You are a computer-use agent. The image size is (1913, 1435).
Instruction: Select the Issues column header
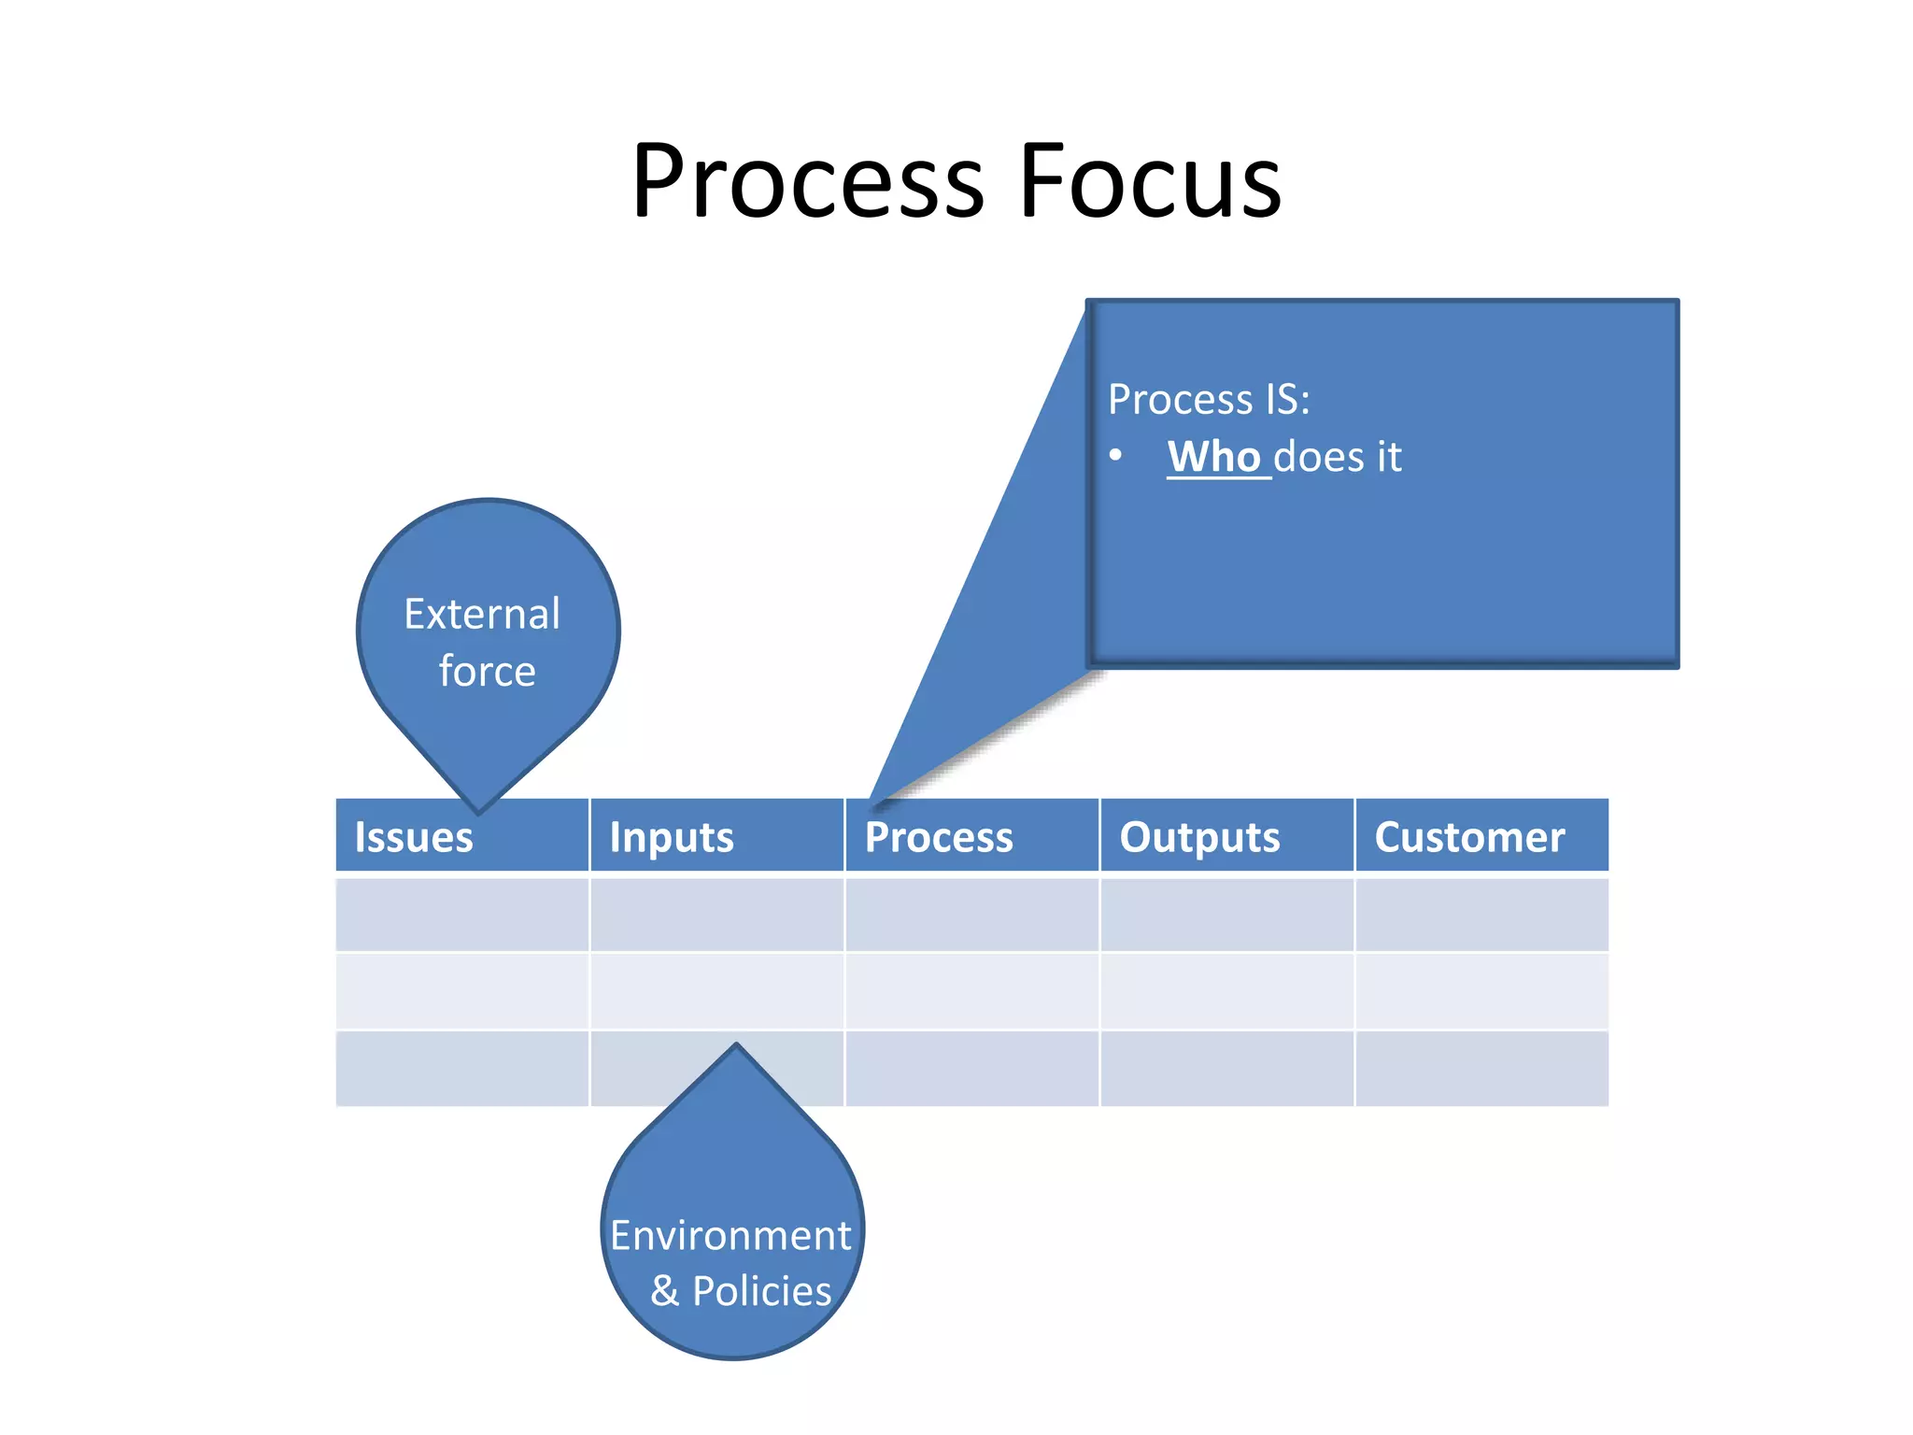pos(414,837)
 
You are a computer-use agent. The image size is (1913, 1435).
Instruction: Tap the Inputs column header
pos(672,837)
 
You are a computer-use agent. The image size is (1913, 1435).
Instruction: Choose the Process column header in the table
pos(939,837)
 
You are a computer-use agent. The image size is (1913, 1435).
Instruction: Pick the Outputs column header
pos(1199,837)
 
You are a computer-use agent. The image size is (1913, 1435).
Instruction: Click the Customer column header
pos(1469,837)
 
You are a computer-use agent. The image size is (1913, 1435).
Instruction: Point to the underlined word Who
pos(1214,457)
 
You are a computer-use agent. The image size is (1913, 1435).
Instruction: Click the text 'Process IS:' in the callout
pos(1209,400)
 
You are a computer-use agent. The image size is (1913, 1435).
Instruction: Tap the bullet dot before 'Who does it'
pos(1115,456)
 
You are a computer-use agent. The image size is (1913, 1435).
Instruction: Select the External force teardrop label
pos(484,642)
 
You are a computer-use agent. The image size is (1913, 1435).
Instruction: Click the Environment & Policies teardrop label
pos(731,1262)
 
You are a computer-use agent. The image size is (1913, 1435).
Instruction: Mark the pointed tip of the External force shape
pos(478,810)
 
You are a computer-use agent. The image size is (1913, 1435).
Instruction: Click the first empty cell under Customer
pos(1481,914)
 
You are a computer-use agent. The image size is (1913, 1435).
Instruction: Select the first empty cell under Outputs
pos(1226,914)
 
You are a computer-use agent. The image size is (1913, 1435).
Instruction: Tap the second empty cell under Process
pos(971,990)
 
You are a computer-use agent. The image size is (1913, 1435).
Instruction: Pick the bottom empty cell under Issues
pos(461,1068)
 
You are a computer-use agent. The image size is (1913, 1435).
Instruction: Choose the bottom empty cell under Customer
pos(1481,1068)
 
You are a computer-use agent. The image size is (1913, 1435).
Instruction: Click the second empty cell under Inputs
pos(716,990)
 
